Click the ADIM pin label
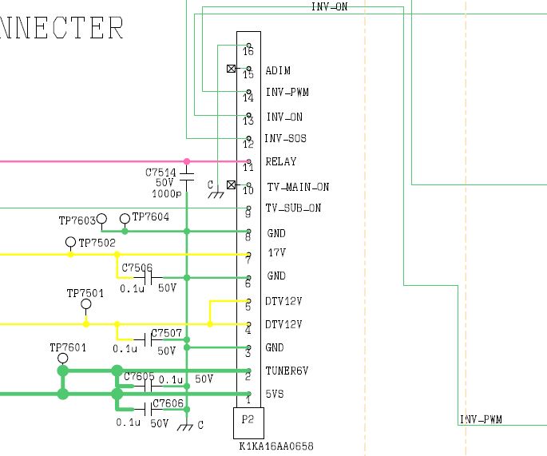point(278,71)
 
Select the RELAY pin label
point(281,162)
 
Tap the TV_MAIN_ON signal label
point(297,187)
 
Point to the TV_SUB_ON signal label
point(293,208)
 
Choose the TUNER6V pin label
point(287,371)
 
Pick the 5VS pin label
point(276,395)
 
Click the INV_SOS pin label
point(286,139)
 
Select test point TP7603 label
point(77,220)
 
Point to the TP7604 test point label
point(151,216)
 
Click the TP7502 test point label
point(97,243)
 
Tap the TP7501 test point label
point(85,294)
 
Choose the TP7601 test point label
point(68,347)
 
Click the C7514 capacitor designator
point(161,172)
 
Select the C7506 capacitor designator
point(137,268)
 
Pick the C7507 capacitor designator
point(167,332)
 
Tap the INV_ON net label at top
point(329,6)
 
